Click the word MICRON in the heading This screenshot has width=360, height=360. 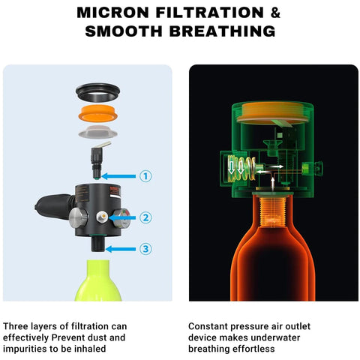point(112,13)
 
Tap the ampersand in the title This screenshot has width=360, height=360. point(275,13)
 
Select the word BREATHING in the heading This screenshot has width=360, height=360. point(223,31)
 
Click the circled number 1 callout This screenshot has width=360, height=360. point(145,176)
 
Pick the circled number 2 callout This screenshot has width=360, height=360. point(145,217)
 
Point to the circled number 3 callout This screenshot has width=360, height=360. point(145,249)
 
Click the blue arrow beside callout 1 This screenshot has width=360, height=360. point(118,176)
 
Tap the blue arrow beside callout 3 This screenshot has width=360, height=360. point(121,249)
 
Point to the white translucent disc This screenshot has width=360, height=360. point(98,132)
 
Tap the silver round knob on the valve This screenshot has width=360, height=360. point(78,217)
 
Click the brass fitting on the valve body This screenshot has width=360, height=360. point(102,217)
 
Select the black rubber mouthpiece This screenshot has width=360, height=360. point(54,207)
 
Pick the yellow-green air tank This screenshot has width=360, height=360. point(97,280)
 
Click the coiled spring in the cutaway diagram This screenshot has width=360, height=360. point(241,168)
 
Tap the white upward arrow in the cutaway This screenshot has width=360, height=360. point(273,182)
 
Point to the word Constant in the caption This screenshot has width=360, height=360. point(208,326)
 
